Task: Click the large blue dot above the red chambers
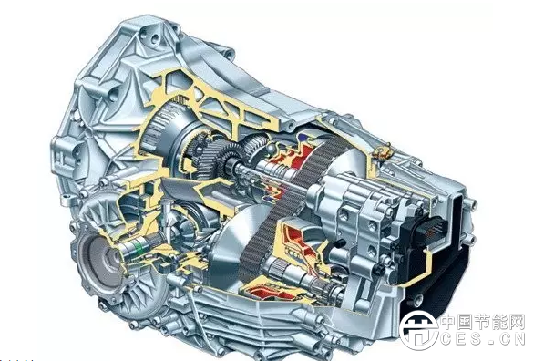(304, 138)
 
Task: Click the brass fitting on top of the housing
(382, 151)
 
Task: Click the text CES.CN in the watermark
(482, 338)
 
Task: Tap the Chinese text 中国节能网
(483, 323)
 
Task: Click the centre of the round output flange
(101, 255)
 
